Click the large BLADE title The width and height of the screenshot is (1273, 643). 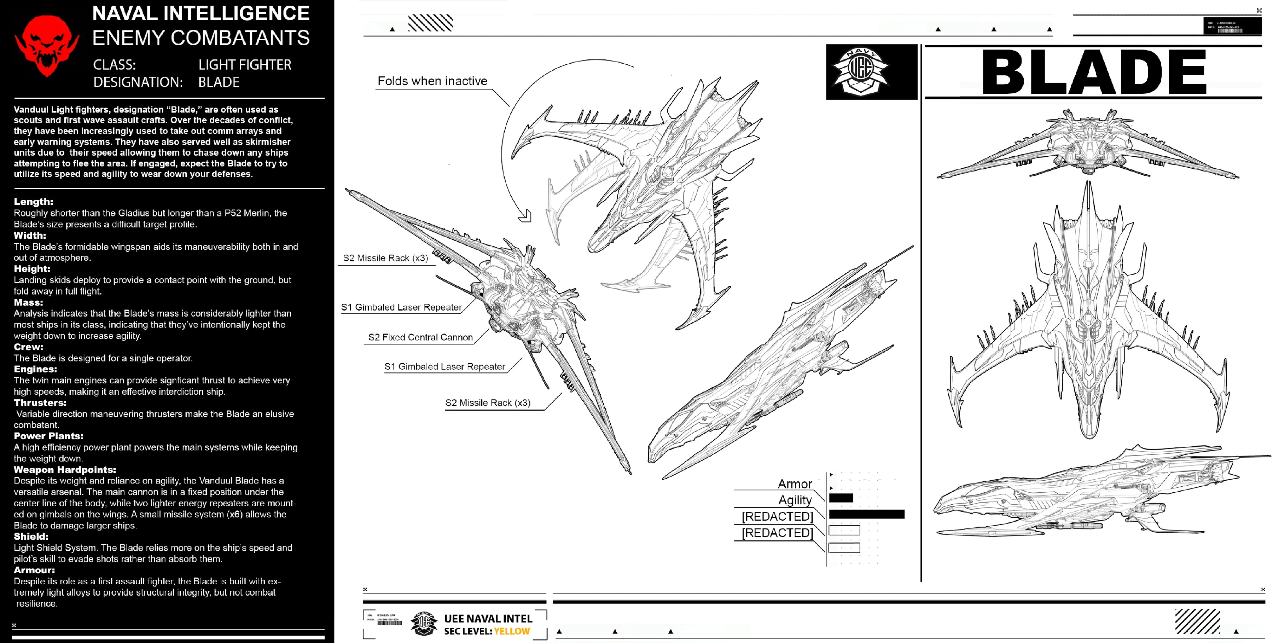pos(1093,72)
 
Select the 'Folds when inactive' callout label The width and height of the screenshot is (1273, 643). pos(432,81)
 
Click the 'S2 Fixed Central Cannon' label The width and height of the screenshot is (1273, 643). pos(420,337)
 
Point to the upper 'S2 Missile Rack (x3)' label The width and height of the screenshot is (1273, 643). pos(385,258)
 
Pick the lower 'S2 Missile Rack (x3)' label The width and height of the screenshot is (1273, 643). pos(488,403)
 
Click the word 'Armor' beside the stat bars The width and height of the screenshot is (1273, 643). pos(795,484)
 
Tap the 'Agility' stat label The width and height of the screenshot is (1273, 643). pos(795,500)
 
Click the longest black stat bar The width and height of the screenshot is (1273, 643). pos(866,515)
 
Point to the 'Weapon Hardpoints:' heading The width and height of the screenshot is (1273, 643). pos(65,470)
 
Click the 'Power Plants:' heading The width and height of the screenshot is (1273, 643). pos(48,436)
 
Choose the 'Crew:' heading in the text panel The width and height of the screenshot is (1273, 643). pos(28,347)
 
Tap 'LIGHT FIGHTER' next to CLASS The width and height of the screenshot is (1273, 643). pos(245,65)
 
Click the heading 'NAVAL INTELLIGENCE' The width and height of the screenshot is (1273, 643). pos(200,13)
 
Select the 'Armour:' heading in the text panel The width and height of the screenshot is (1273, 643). pos(34,570)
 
